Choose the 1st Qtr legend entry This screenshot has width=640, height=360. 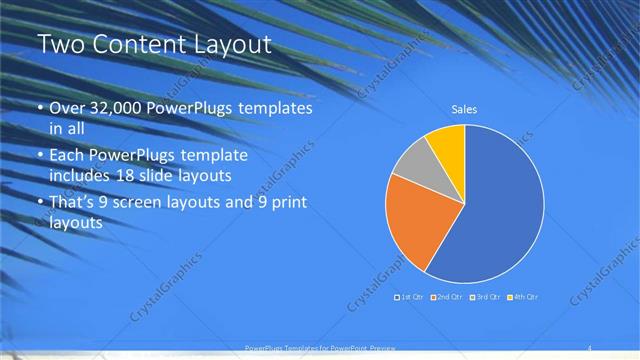click(x=410, y=297)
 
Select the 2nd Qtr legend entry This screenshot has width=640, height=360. click(x=447, y=297)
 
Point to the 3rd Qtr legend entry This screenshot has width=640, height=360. click(x=485, y=297)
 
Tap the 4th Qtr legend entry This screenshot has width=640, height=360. click(x=523, y=297)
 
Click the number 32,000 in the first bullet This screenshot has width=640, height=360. click(x=113, y=108)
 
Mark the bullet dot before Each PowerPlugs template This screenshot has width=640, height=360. click(x=40, y=157)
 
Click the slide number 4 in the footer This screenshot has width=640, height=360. click(x=590, y=348)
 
